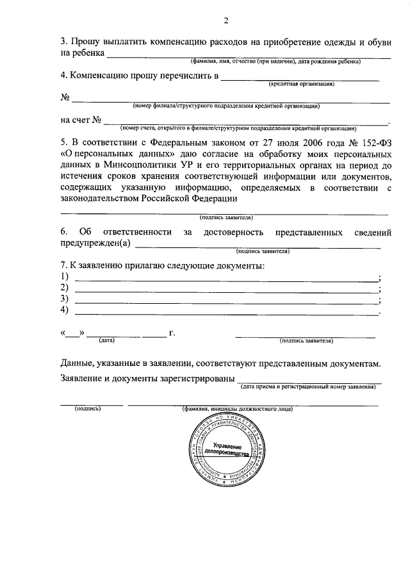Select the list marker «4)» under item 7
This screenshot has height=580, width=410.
point(65,310)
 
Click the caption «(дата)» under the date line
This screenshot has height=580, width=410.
point(106,341)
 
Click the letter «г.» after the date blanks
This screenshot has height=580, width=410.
point(172,333)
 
